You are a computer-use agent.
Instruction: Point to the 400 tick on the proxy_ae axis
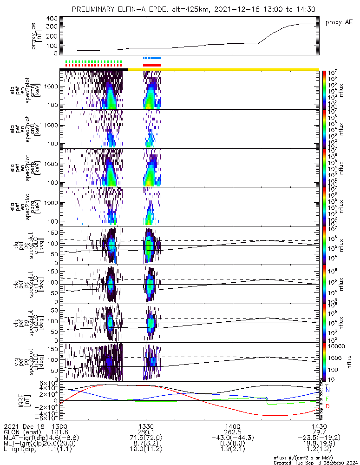(x=52, y=19)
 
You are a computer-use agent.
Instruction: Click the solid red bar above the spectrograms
(x=152, y=65)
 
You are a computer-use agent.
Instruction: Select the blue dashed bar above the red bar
(x=152, y=58)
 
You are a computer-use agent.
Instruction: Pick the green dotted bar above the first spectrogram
(x=93, y=61)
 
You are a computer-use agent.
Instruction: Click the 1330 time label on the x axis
(x=146, y=426)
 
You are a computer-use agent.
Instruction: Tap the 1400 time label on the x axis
(x=233, y=426)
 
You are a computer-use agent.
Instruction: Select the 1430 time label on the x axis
(x=319, y=426)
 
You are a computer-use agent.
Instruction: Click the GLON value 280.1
(x=146, y=432)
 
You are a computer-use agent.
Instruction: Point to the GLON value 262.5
(x=233, y=432)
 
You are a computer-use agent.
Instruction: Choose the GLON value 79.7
(x=319, y=432)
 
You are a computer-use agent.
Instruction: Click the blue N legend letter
(x=327, y=390)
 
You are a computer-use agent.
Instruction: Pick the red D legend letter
(x=327, y=407)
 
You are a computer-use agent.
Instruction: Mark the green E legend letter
(x=327, y=399)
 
